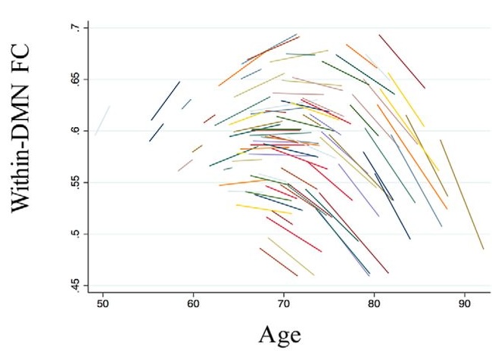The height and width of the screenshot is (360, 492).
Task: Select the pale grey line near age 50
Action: [102, 121]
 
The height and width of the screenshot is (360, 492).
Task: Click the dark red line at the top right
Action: [402, 61]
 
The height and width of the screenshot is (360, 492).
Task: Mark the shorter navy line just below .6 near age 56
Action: [156, 132]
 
